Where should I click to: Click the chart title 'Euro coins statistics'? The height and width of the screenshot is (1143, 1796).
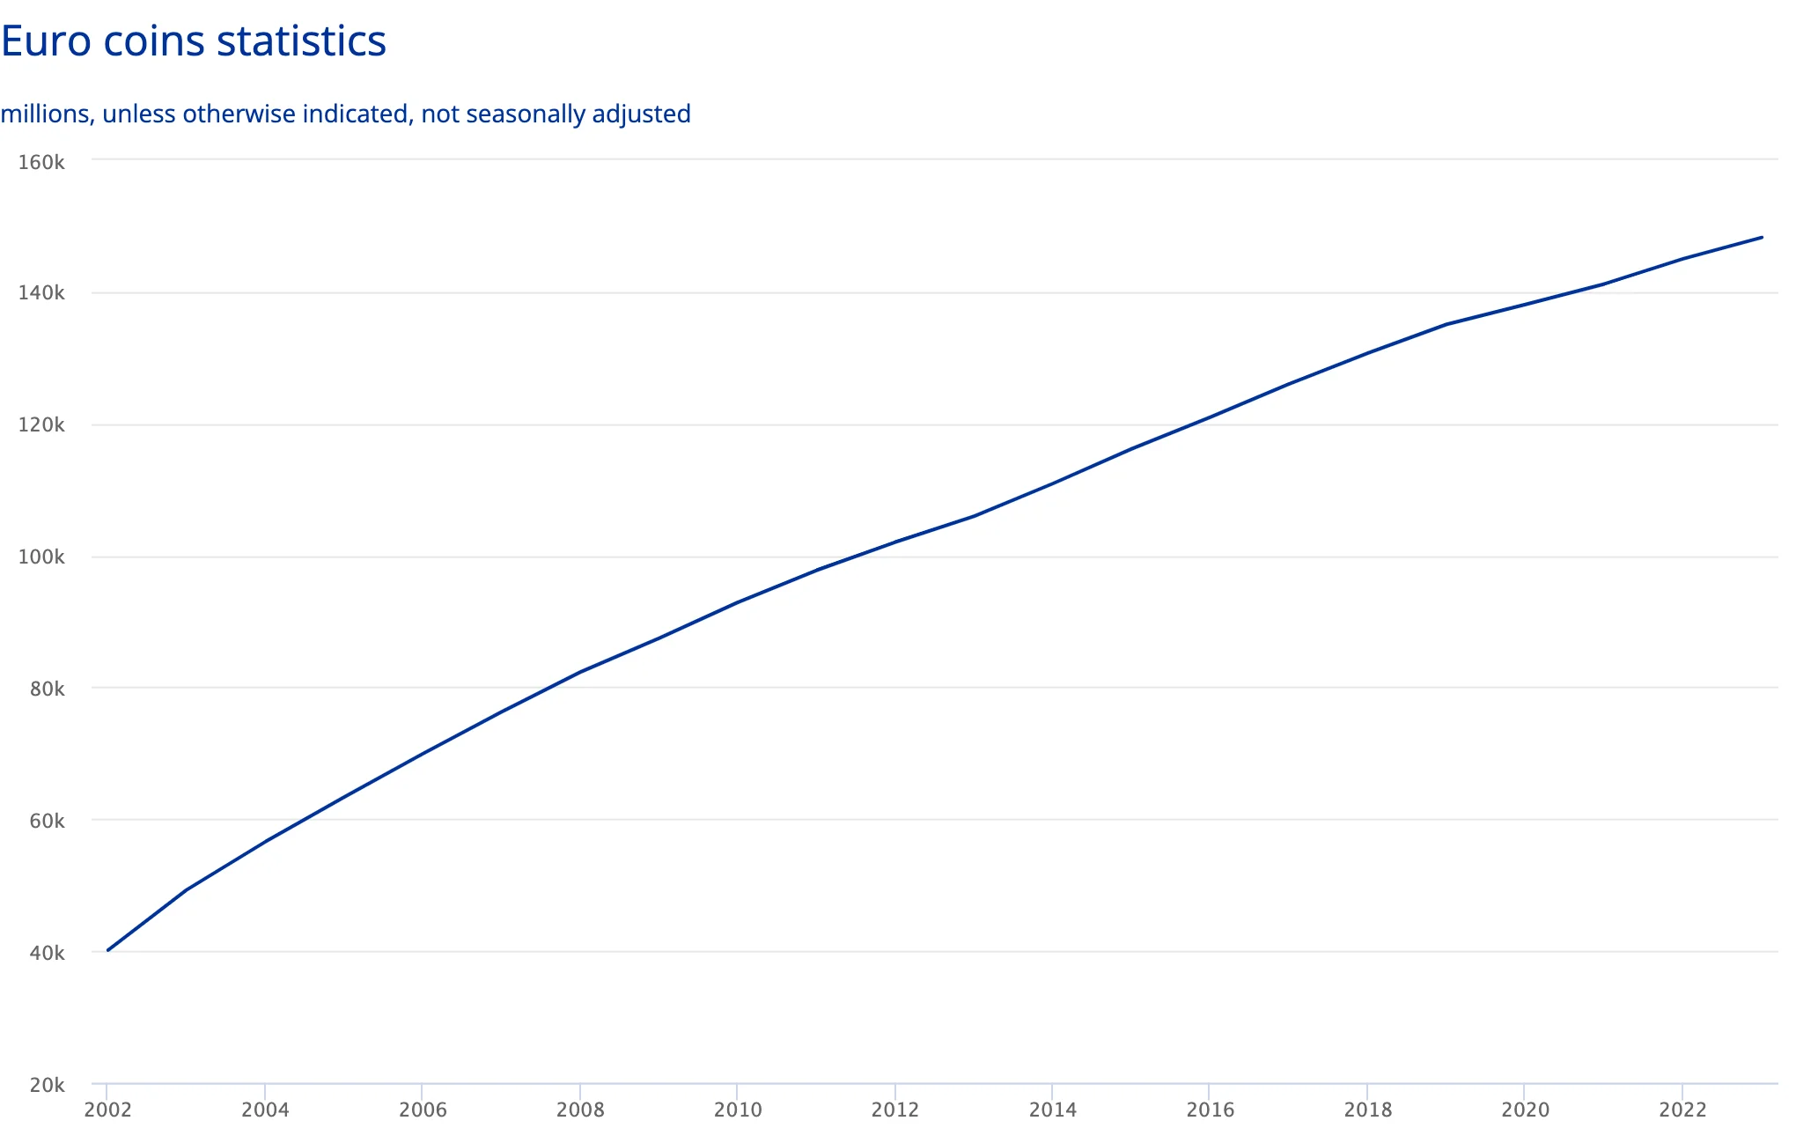(194, 41)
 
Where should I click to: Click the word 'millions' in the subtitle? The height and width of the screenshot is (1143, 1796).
(45, 114)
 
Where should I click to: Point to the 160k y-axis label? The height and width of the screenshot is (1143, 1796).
(41, 162)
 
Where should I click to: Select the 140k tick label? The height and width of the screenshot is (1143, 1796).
(41, 293)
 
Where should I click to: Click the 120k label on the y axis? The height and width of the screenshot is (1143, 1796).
(41, 425)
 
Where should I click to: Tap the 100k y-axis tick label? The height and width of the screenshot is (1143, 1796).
(41, 557)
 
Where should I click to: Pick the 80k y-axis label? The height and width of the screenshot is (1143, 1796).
(47, 689)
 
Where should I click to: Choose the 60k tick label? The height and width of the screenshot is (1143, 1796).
(47, 821)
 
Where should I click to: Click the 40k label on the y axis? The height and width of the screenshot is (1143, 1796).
(47, 953)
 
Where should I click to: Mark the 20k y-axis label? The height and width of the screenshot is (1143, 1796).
(47, 1085)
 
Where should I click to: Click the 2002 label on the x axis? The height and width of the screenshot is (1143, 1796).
(107, 1110)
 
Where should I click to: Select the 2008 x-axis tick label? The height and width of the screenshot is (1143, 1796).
(580, 1110)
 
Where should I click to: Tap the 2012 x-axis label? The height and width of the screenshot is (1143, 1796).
(895, 1110)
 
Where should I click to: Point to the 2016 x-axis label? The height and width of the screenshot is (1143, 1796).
(1211, 1110)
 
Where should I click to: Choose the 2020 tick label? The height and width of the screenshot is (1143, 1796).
(1526, 1110)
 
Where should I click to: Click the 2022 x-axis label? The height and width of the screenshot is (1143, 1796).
(1682, 1110)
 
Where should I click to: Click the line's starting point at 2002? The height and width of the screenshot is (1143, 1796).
(107, 950)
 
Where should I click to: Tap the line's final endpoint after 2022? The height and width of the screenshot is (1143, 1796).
(1762, 237)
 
